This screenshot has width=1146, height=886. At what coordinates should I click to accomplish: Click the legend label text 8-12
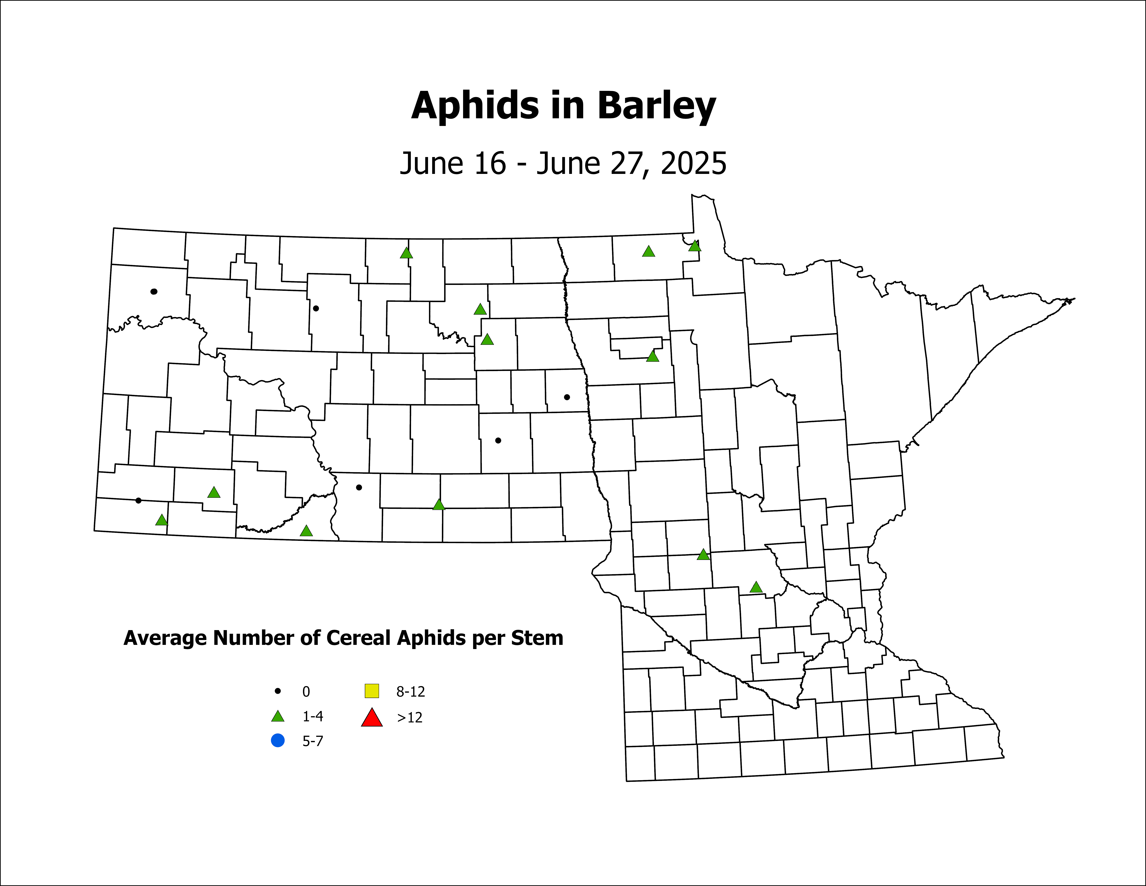tap(410, 692)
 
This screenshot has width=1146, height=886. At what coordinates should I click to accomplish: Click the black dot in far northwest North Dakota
tap(154, 291)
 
